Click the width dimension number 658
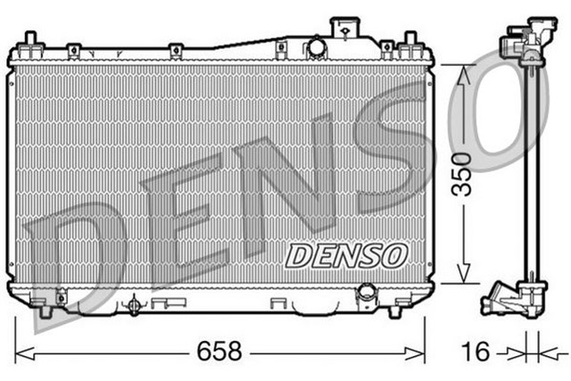click(x=220, y=352)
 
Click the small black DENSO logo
click(x=346, y=255)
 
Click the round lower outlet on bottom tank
click(x=366, y=294)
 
